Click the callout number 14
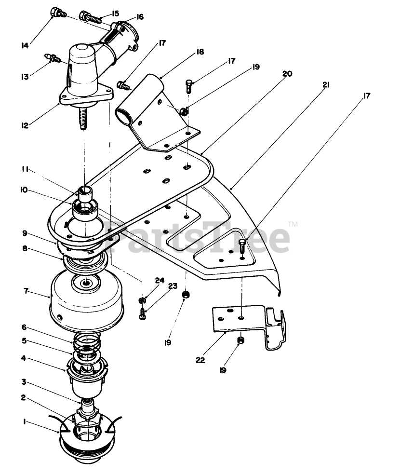pyautogui.click(x=25, y=46)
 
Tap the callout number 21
pyautogui.click(x=326, y=85)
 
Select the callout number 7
pyautogui.click(x=26, y=291)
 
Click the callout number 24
pyautogui.click(x=160, y=280)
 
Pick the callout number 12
pyautogui.click(x=25, y=126)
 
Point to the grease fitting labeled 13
pyautogui.click(x=53, y=58)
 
